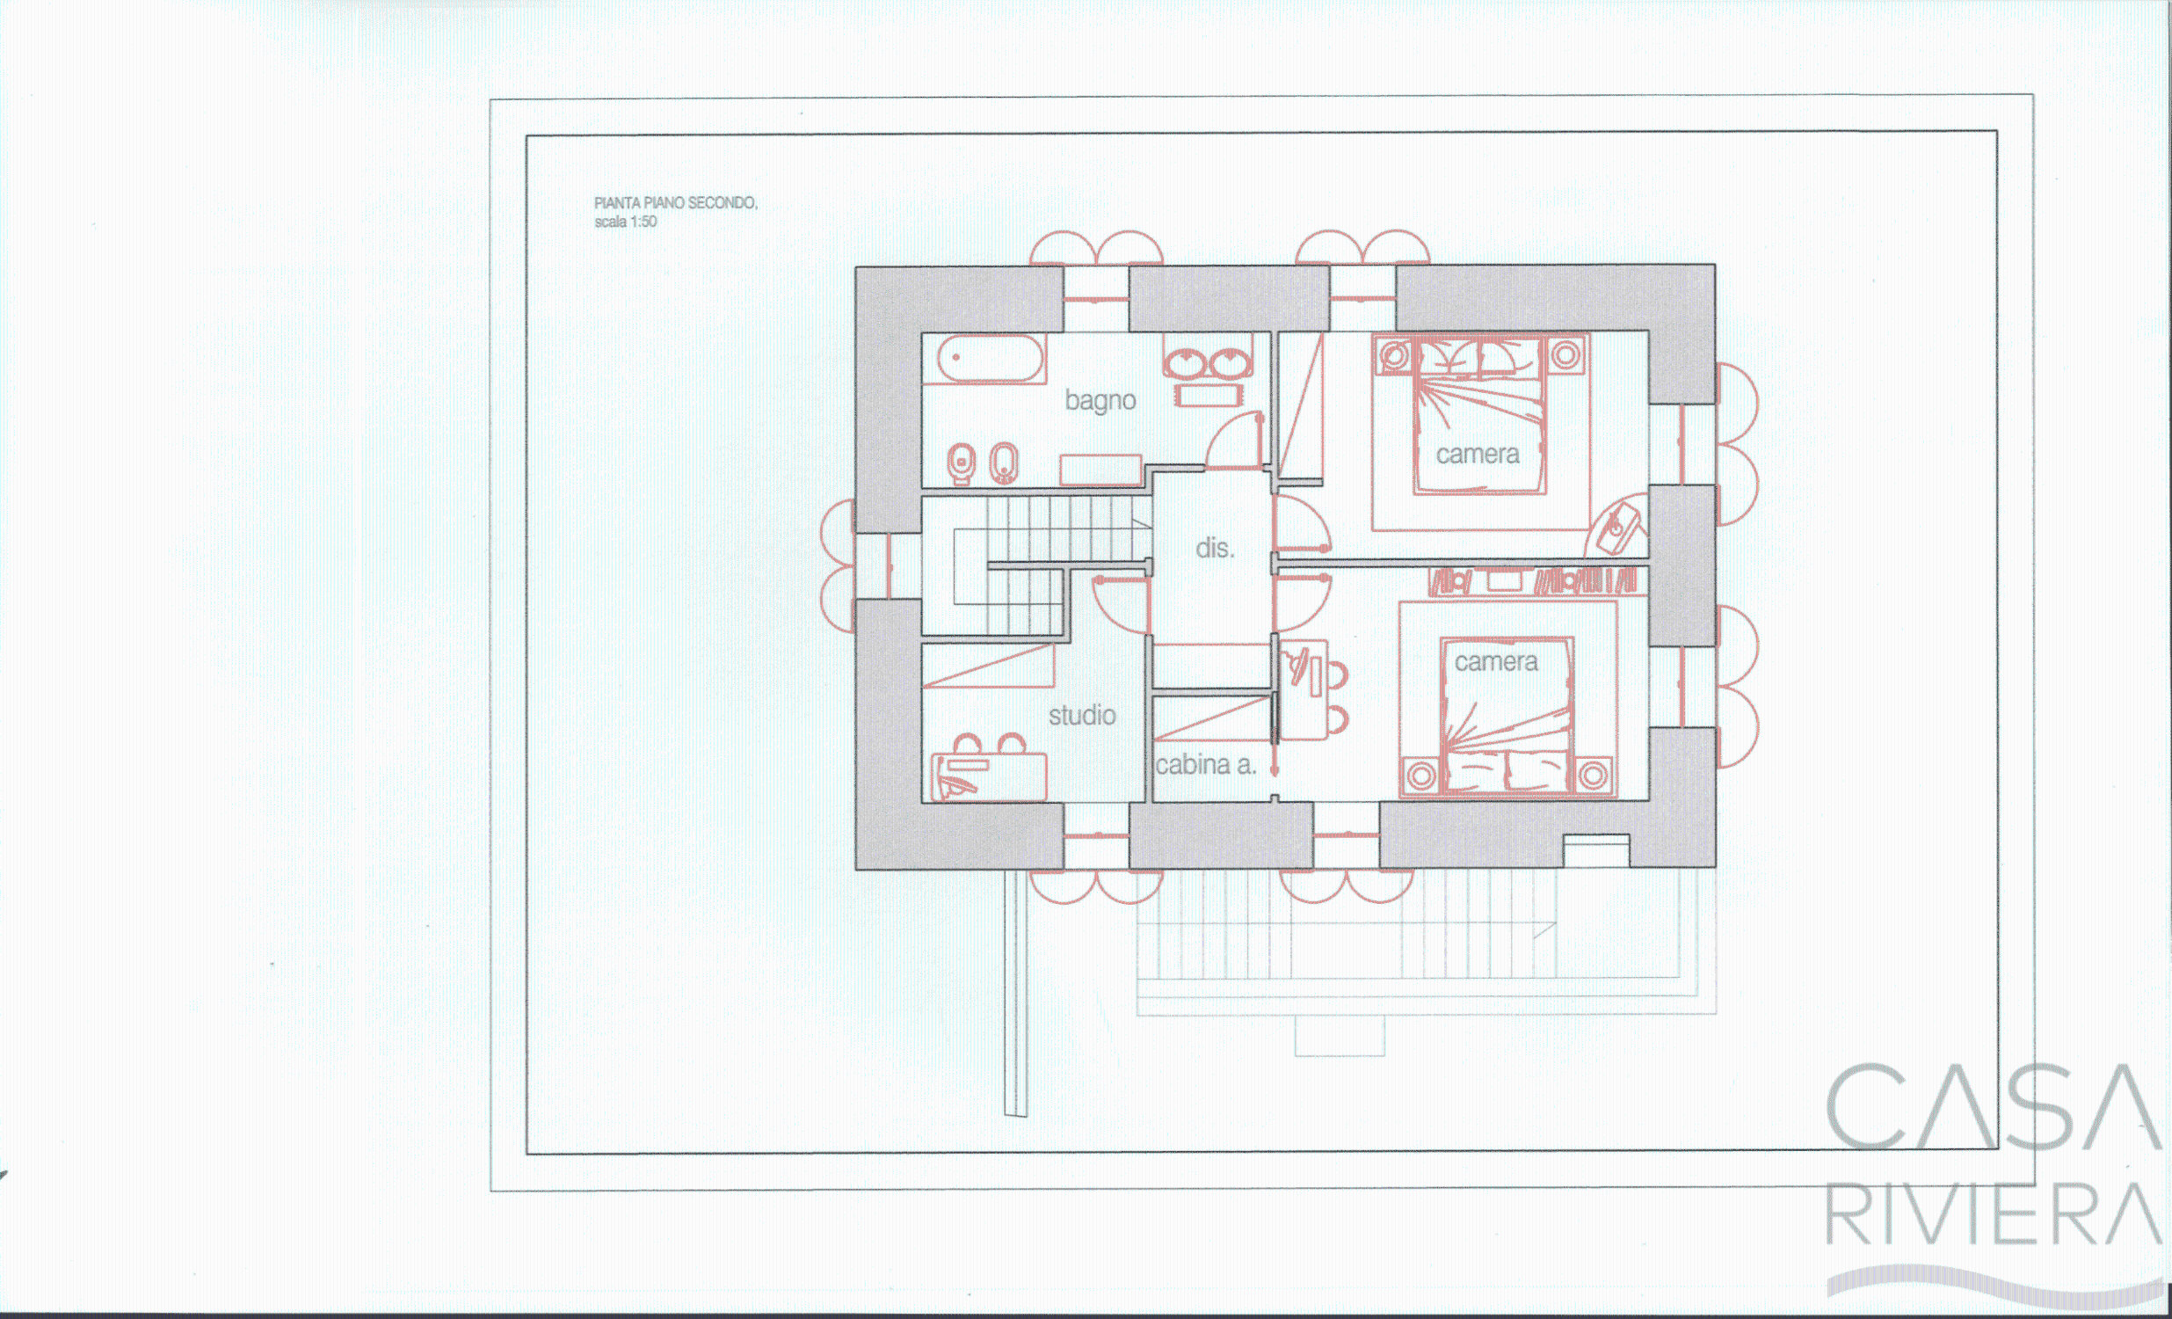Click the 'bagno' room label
(x=1101, y=401)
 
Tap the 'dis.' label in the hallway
(x=1215, y=549)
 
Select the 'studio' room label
(x=1081, y=715)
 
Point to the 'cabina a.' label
(x=1205, y=764)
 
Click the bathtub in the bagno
(x=990, y=360)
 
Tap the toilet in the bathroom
(x=962, y=463)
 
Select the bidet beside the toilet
(x=1004, y=463)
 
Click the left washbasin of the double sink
(x=1185, y=362)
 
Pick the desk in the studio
(x=989, y=776)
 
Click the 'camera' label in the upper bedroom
(x=1478, y=455)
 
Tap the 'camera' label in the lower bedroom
(x=1496, y=662)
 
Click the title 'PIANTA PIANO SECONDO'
(x=675, y=203)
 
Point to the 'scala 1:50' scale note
(x=625, y=222)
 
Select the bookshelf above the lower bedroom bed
(x=1534, y=581)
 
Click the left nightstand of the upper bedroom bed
(x=1394, y=356)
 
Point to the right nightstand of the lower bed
(x=1592, y=776)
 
